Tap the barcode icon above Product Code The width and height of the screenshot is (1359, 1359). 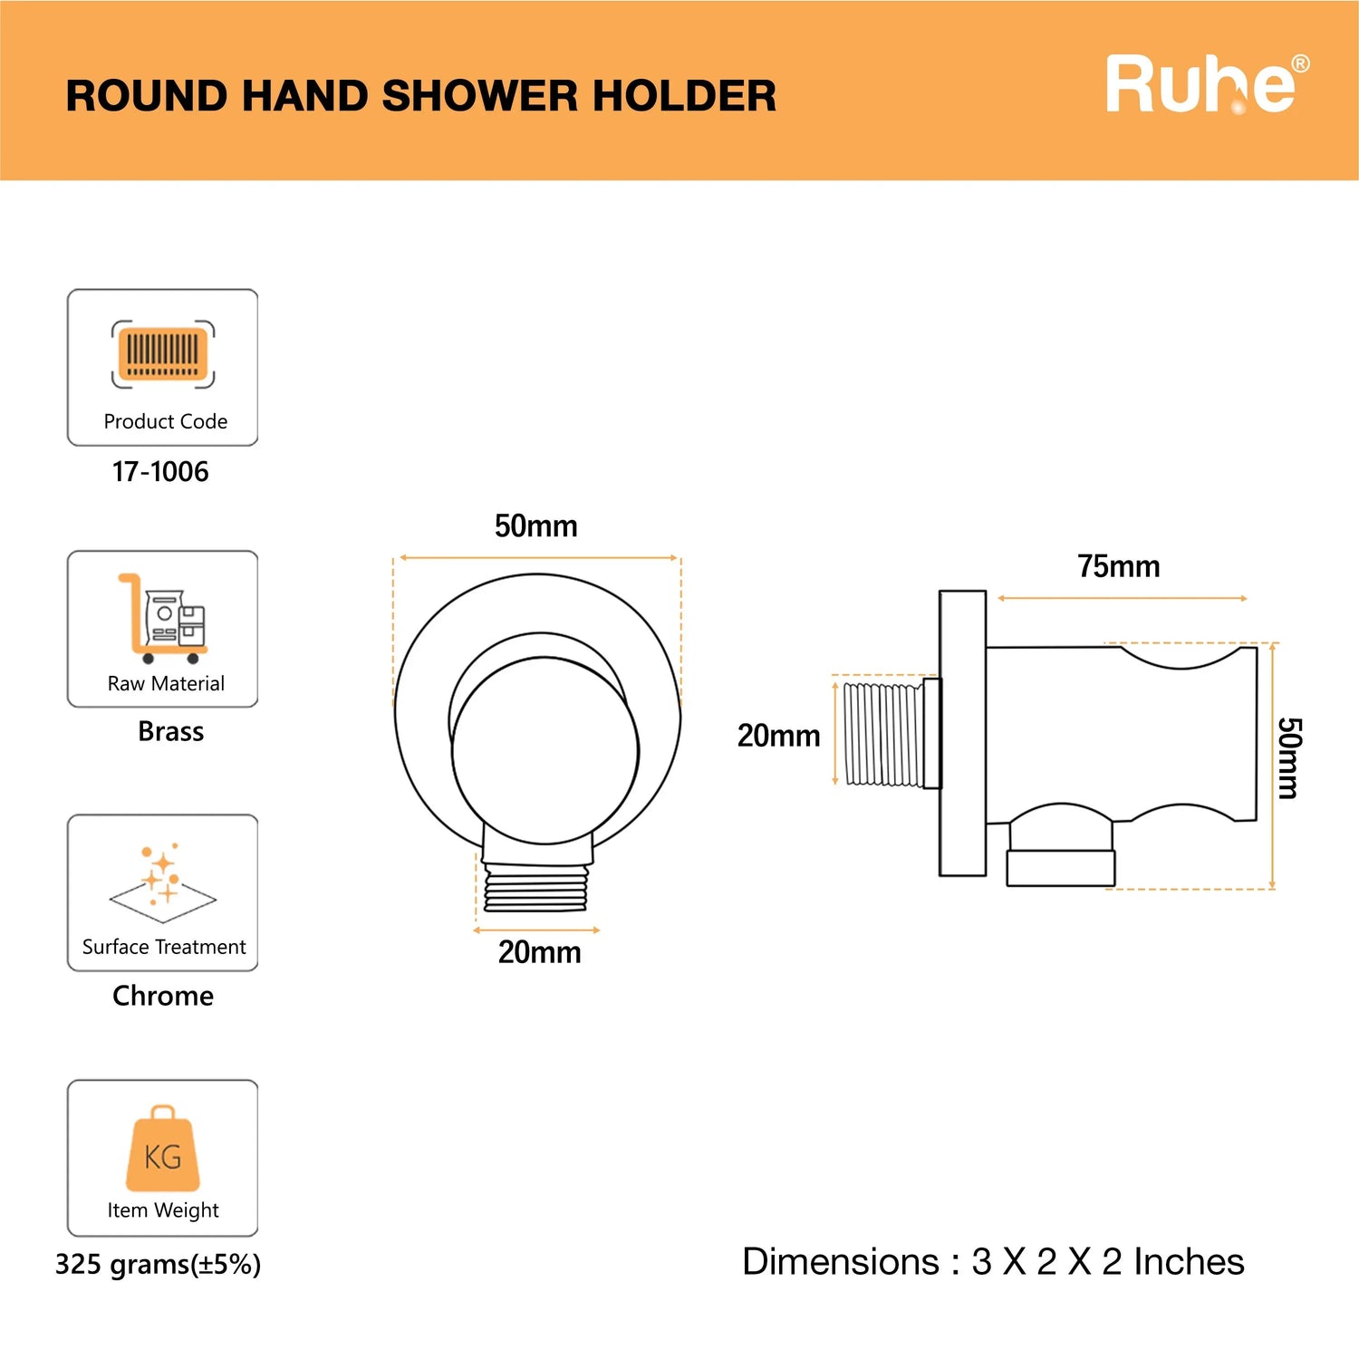pos(163,353)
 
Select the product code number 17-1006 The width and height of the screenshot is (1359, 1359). pos(160,471)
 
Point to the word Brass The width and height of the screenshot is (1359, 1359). pos(171,731)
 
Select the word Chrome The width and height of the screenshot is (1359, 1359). pos(163,996)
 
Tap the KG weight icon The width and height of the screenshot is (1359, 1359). pos(163,1148)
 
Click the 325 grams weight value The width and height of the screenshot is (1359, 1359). pos(158,1264)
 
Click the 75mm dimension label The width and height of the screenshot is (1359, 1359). pos(1119,566)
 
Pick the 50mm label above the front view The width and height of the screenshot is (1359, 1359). pos(536,525)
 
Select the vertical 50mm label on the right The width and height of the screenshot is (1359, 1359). pos(1288,758)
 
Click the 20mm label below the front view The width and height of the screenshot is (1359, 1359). pos(540,952)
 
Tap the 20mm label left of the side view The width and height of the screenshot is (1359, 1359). pos(779,735)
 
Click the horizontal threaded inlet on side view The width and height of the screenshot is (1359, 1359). pos(884,734)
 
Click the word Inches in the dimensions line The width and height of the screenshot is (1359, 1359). pos(1189,1261)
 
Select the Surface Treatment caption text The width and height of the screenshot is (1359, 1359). pos(164,947)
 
